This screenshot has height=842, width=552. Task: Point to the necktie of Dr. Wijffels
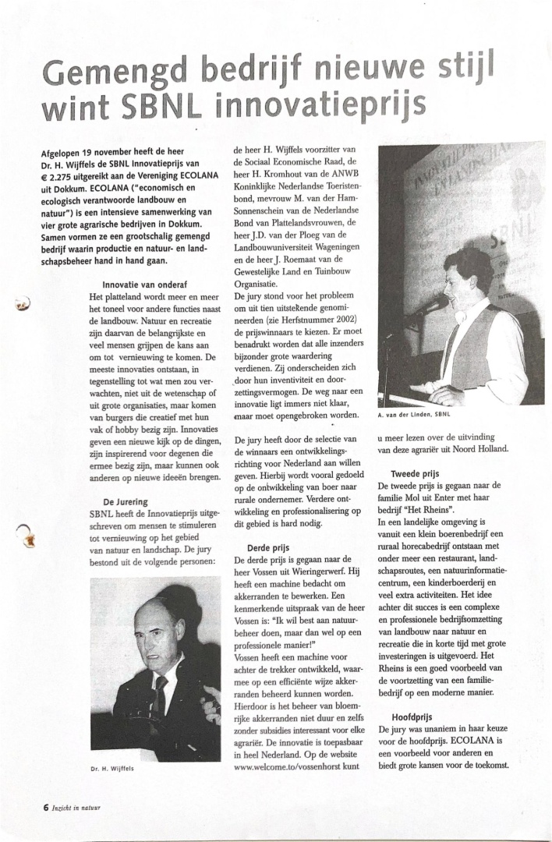point(161,691)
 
